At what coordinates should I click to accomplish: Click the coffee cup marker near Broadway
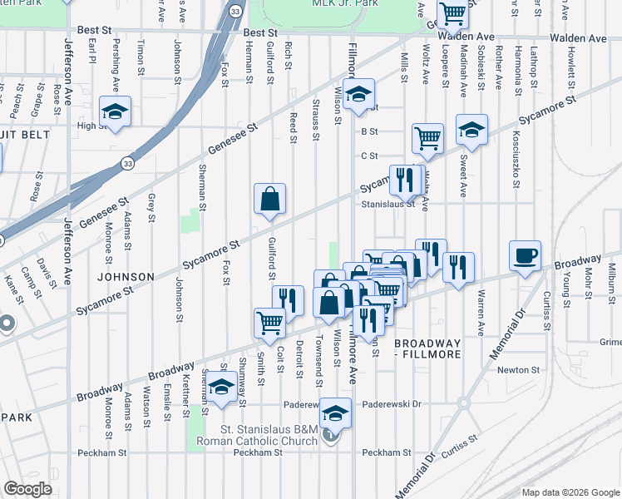(x=526, y=257)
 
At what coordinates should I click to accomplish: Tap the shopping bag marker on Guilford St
(x=270, y=200)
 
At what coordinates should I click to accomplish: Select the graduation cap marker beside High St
(x=116, y=112)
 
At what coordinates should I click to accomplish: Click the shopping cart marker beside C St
(x=427, y=139)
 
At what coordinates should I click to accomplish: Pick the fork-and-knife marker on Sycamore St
(x=404, y=180)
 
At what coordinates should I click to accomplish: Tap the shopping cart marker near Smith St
(x=269, y=323)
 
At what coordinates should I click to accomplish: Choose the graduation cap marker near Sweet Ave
(x=471, y=131)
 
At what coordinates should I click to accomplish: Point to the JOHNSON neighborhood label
(x=126, y=276)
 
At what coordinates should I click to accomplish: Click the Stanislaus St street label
(x=388, y=203)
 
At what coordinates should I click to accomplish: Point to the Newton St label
(x=514, y=370)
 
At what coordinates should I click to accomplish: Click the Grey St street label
(x=151, y=208)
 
